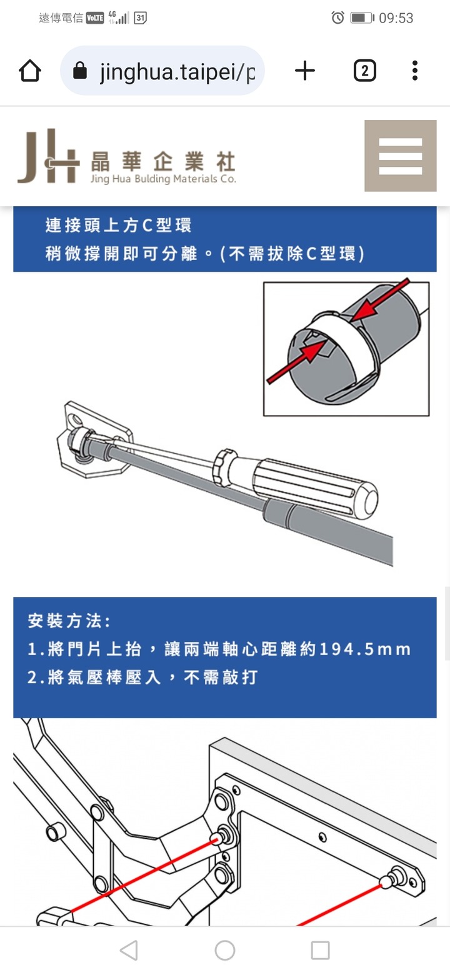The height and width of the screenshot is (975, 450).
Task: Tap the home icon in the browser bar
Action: click(x=30, y=71)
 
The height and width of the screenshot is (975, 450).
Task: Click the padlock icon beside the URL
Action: click(x=79, y=70)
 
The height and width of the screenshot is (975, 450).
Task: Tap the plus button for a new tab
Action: click(x=304, y=71)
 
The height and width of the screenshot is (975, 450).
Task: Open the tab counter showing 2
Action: click(x=365, y=71)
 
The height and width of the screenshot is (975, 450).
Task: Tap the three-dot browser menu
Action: click(x=415, y=71)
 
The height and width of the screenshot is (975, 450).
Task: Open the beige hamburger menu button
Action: click(x=401, y=156)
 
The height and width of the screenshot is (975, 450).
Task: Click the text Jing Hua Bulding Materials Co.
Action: click(x=163, y=179)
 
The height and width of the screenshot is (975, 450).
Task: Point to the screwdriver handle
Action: click(x=315, y=487)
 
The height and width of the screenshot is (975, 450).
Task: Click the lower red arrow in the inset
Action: click(x=296, y=362)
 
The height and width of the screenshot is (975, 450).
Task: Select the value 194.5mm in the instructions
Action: click(x=365, y=649)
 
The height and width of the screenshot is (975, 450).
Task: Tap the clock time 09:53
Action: click(x=396, y=18)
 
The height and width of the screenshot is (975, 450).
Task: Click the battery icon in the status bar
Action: click(x=362, y=18)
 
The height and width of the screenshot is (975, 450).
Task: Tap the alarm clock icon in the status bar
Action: click(x=337, y=17)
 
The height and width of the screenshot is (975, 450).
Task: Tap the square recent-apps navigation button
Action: click(x=320, y=950)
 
